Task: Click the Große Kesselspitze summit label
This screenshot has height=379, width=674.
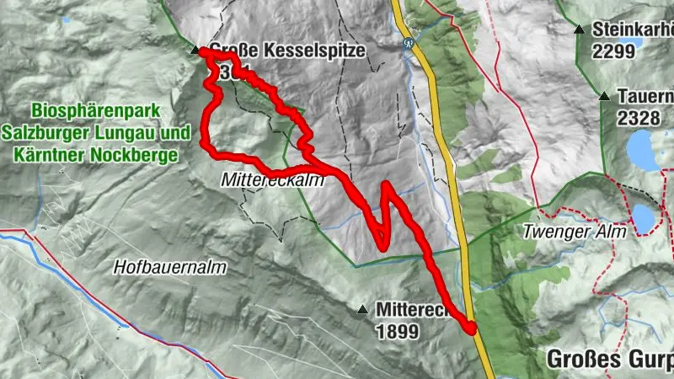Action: (x=286, y=51)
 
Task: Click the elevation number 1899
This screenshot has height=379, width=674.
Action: (x=397, y=331)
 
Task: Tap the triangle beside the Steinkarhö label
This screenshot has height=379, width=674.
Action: (x=580, y=29)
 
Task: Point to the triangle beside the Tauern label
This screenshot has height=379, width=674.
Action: (x=604, y=97)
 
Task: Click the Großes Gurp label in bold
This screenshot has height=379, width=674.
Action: (x=607, y=358)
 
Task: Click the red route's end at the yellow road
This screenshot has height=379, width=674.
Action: (x=471, y=327)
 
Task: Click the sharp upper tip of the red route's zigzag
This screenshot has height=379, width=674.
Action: (x=385, y=184)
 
